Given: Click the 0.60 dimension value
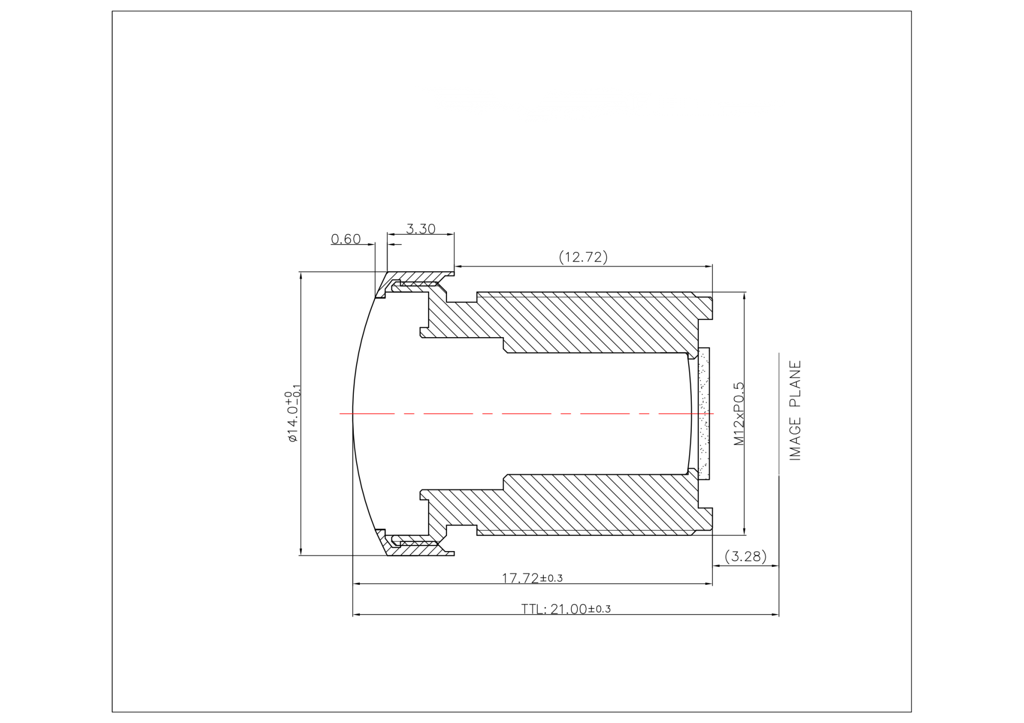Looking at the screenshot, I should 346,239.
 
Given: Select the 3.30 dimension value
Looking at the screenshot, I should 420,228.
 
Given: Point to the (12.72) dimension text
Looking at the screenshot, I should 583,256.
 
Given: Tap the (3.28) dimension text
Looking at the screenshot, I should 745,556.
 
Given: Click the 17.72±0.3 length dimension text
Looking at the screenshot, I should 532,578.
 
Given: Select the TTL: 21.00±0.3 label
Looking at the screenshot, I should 566,608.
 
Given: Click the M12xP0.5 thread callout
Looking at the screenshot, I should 739,413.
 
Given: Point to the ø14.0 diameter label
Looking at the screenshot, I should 293,417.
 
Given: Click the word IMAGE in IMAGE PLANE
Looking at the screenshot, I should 795,439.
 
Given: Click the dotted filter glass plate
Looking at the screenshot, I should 704,413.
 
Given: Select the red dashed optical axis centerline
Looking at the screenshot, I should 512,413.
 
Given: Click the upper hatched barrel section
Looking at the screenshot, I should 589,322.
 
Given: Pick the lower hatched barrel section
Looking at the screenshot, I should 589,505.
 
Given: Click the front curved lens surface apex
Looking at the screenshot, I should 353,413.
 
